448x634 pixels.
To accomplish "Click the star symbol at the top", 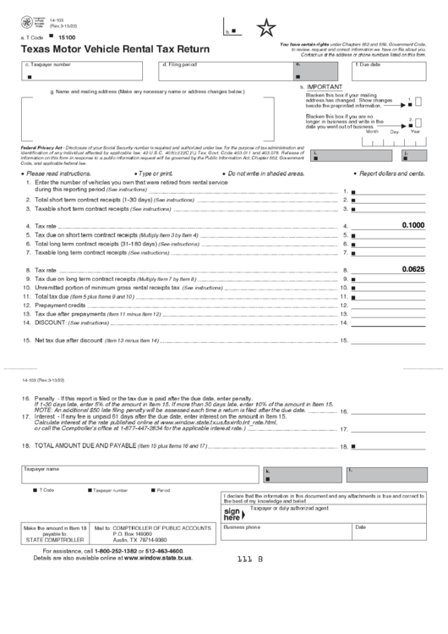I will pos(267,30).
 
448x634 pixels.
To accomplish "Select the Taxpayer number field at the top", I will pos(85,72).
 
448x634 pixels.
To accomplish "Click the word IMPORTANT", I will pos(325,86).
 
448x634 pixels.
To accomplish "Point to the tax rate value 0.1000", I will pos(413,225).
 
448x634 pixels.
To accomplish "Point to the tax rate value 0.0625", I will pos(413,269).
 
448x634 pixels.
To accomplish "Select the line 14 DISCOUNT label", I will pos(51,323).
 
